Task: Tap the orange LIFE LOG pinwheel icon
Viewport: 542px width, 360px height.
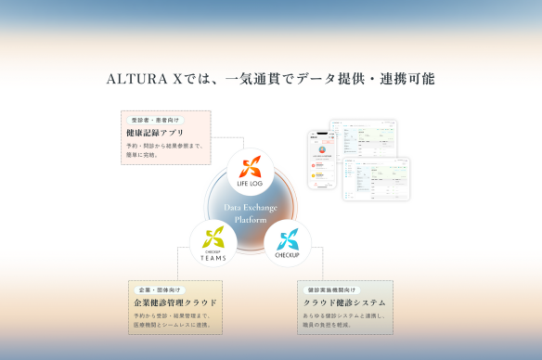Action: click(x=251, y=167)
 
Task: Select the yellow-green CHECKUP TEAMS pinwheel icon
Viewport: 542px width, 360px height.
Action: click(x=213, y=235)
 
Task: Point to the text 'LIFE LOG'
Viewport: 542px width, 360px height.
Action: click(x=251, y=184)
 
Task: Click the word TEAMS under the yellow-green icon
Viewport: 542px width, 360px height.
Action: click(x=213, y=257)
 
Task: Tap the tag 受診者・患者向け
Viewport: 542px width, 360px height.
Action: click(x=155, y=120)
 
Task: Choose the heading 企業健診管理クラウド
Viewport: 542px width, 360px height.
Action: click(x=175, y=302)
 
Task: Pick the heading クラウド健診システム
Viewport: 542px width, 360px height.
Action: click(x=344, y=302)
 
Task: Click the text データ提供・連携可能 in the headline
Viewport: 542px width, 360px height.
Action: click(x=363, y=79)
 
